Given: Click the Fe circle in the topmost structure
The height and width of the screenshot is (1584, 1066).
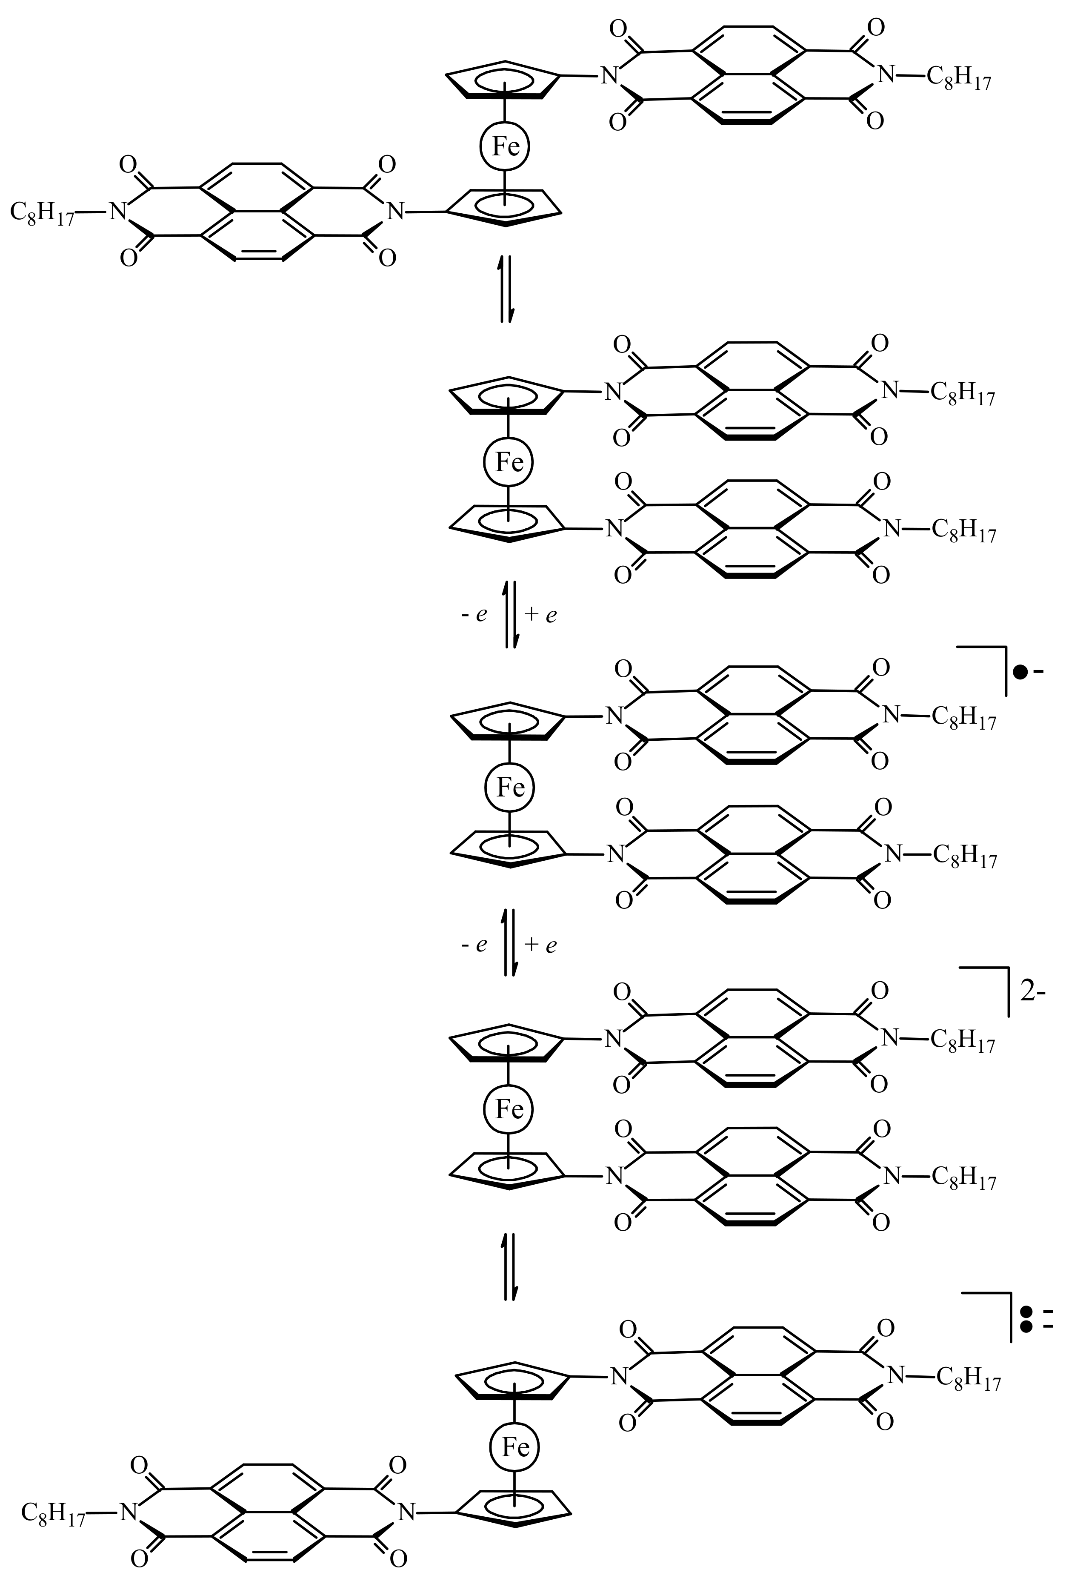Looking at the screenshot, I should (x=504, y=146).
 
